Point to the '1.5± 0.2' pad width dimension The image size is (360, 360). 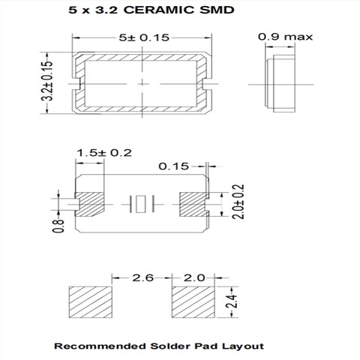(x=103, y=153)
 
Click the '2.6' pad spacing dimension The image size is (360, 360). (x=142, y=277)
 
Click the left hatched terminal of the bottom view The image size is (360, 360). (x=89, y=203)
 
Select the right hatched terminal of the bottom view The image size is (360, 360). (x=192, y=203)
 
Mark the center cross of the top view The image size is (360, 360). (x=142, y=82)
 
